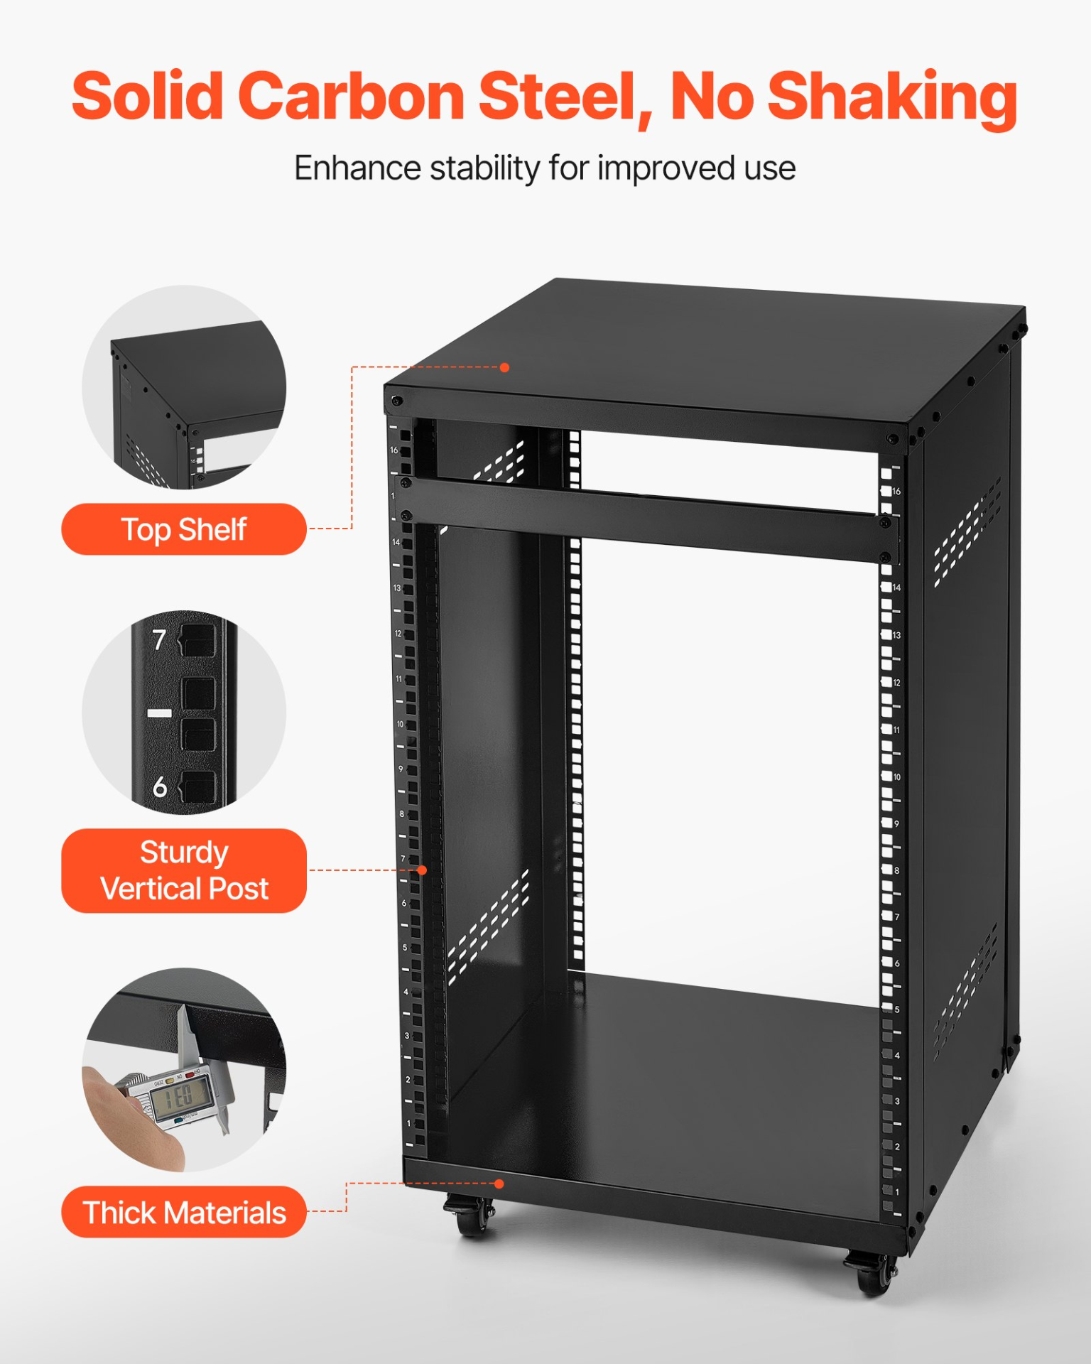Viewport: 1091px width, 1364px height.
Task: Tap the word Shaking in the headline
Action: pyautogui.click(x=893, y=97)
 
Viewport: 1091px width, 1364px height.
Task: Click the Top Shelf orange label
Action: pyautogui.click(x=183, y=529)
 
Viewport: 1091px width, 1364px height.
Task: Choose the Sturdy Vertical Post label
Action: pyautogui.click(x=183, y=870)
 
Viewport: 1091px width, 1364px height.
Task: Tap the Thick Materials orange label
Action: pyautogui.click(x=183, y=1213)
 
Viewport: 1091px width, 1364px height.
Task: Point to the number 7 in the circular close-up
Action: pyautogui.click(x=159, y=640)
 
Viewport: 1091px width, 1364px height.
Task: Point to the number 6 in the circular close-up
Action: pyautogui.click(x=160, y=787)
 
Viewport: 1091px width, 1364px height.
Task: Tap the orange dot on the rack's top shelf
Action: pyautogui.click(x=504, y=367)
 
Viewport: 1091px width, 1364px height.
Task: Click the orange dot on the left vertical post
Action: pyautogui.click(x=422, y=870)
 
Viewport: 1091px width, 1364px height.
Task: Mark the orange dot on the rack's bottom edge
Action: pyautogui.click(x=499, y=1184)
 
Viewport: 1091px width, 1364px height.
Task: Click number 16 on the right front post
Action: pyautogui.click(x=896, y=492)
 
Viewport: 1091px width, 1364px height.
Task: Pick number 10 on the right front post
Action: pyautogui.click(x=897, y=777)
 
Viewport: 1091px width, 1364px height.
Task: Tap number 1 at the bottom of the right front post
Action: pyautogui.click(x=897, y=1192)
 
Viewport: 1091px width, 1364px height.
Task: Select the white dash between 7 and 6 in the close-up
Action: pyautogui.click(x=159, y=713)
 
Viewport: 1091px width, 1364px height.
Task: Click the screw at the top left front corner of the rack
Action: pyautogui.click(x=396, y=401)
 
